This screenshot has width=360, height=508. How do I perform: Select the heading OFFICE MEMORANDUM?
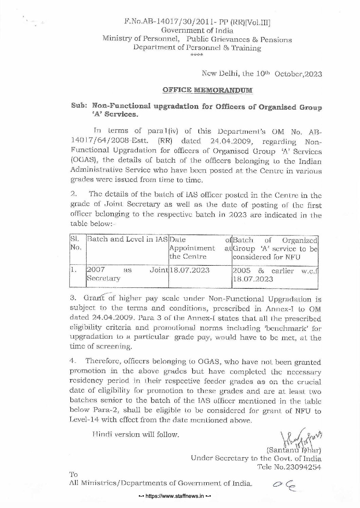point(208,90)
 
